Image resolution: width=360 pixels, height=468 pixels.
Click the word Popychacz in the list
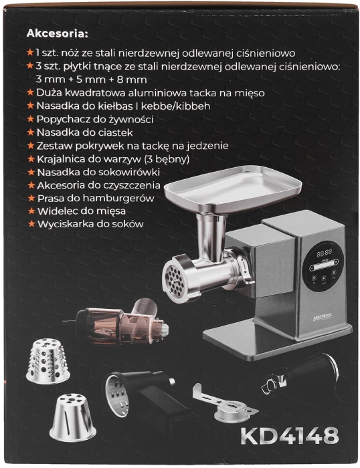tap(62, 119)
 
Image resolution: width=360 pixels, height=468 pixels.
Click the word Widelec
tap(55, 211)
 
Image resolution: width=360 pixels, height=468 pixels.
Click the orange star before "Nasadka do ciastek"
tap(29, 132)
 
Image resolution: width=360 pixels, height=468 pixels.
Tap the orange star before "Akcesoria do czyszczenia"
tap(29, 185)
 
